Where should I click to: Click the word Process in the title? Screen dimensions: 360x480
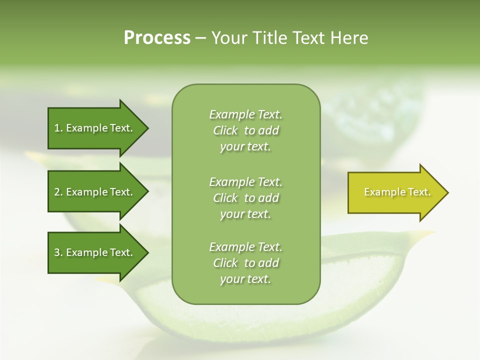point(157,38)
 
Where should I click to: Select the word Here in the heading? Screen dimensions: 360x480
point(349,38)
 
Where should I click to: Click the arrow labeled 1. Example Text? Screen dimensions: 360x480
point(95,128)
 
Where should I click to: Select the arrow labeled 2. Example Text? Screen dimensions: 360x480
point(95,192)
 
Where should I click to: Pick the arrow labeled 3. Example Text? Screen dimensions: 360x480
point(95,252)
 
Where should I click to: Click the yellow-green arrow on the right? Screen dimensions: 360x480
point(395,192)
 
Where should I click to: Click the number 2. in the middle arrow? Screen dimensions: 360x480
point(58,192)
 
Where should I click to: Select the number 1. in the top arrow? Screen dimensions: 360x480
point(58,128)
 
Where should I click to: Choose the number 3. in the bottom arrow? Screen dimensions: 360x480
point(58,252)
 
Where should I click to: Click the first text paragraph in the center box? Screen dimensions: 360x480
point(245,130)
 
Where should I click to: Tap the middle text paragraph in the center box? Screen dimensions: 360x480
point(245,198)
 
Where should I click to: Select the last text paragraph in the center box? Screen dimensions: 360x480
point(245,263)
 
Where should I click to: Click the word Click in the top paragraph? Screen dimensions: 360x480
point(225,130)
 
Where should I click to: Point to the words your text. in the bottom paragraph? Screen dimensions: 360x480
point(245,279)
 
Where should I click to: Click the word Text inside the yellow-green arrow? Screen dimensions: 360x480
point(419,192)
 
